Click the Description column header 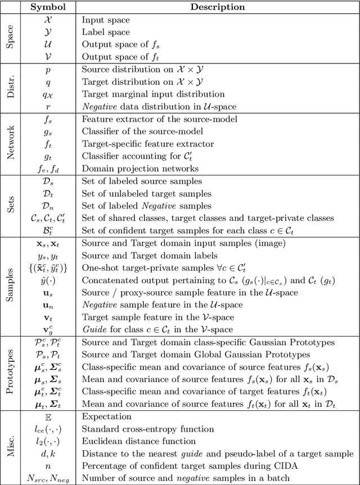click(218, 7)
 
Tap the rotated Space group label click(11, 38)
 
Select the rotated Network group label click(11, 143)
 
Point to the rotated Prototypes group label click(11, 372)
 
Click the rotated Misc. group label click(11, 447)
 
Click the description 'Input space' click(106, 20)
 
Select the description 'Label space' click(106, 32)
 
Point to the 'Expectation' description click(107, 416)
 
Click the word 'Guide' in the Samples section click(94, 329)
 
